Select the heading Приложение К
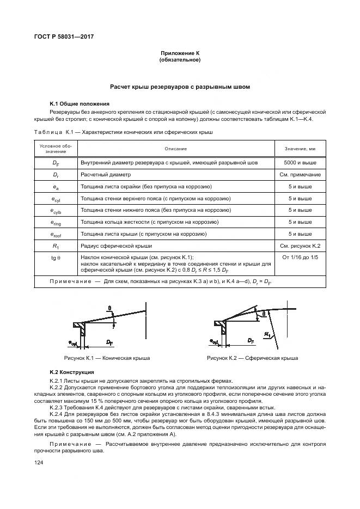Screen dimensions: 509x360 (180, 53)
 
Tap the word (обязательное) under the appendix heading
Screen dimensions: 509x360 (180, 60)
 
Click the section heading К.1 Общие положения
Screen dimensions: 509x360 (80, 103)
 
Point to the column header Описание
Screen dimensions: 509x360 (175, 149)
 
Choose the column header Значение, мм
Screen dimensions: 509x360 (300, 149)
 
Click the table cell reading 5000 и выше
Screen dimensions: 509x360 (300, 162)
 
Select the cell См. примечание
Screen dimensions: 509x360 (300, 175)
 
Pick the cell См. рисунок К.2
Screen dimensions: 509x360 (300, 246)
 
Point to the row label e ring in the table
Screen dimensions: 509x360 (56, 222)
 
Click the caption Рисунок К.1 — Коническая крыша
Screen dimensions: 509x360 (107, 358)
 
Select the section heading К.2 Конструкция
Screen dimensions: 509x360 (72, 372)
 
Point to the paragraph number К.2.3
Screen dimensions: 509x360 (57, 407)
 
